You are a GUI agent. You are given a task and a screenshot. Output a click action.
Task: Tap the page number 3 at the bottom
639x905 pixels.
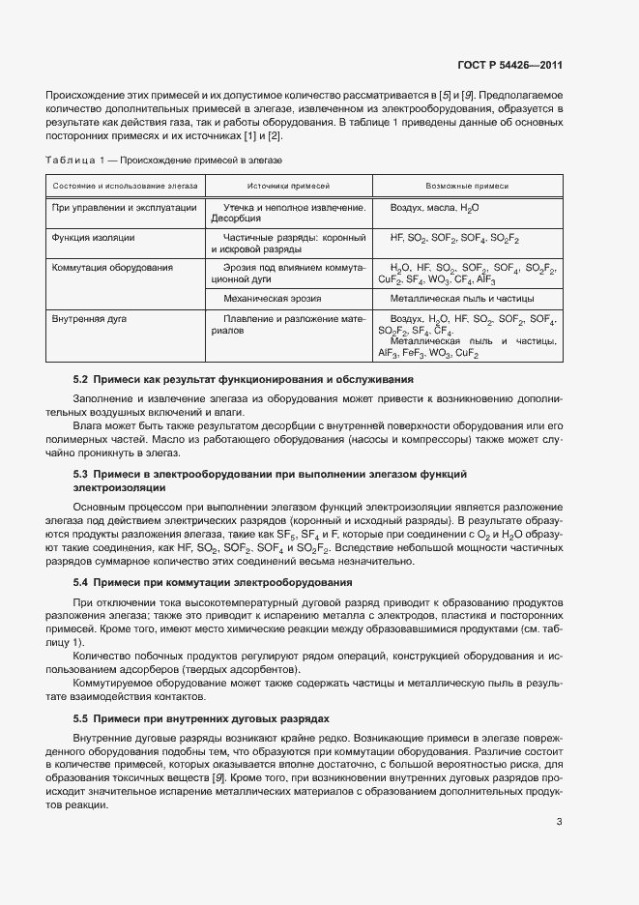(x=560, y=822)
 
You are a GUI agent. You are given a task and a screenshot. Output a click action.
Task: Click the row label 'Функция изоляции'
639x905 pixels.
(x=94, y=237)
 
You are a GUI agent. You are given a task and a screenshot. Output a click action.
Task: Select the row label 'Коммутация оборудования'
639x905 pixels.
(x=113, y=267)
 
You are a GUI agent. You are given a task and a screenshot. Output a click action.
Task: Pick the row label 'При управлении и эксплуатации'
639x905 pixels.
(x=125, y=208)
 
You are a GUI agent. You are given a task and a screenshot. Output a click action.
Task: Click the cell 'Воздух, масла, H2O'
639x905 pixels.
(x=434, y=208)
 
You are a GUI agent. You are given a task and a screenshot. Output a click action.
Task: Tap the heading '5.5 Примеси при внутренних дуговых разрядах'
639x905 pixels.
(x=202, y=719)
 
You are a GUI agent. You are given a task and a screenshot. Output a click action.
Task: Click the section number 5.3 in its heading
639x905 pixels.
(x=81, y=475)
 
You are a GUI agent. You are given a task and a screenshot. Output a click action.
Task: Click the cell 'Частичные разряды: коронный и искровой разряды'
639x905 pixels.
(x=288, y=243)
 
